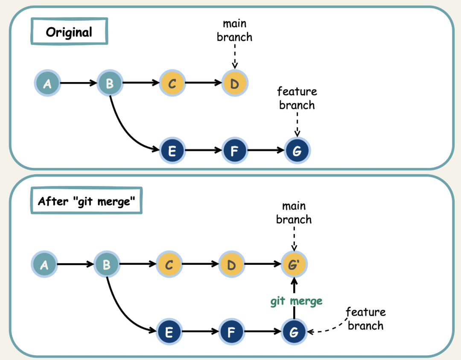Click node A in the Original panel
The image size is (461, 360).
coord(47,83)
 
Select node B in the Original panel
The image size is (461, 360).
coord(110,83)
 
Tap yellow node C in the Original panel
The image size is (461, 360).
coord(172,83)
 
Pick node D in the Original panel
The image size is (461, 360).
coord(235,83)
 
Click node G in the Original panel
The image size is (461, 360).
coord(298,150)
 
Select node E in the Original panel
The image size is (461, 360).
coord(172,150)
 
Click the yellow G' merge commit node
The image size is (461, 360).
coord(294,265)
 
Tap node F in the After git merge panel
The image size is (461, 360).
coord(232,332)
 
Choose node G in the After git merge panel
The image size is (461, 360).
coord(294,332)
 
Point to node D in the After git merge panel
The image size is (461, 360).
coord(232,265)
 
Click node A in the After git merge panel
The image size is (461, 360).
coord(44,265)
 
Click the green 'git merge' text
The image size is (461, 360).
coord(296,301)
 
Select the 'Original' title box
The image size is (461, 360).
coord(69,32)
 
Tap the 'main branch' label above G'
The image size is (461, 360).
coord(294,213)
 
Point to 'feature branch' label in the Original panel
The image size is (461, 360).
coord(297,98)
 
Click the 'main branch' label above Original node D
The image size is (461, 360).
coord(234,30)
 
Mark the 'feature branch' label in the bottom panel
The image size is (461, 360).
coord(365,319)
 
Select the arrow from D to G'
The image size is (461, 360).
coord(263,265)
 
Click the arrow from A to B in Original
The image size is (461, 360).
coord(79,83)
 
